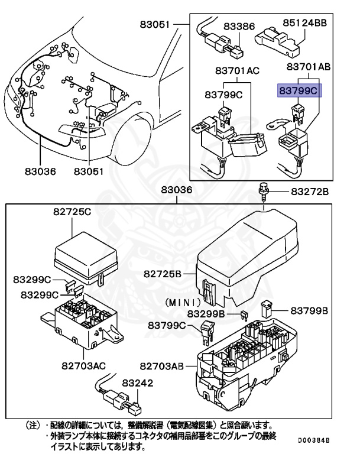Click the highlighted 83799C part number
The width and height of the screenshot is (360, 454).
[299, 91]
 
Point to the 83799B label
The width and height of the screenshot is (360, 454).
[309, 310]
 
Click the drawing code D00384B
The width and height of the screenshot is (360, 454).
[313, 440]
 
